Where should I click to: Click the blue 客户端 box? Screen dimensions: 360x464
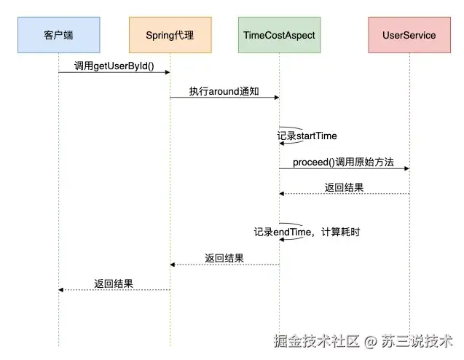click(58, 35)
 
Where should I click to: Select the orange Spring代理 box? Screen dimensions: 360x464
click(170, 35)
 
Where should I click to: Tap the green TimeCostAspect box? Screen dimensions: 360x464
click(278, 35)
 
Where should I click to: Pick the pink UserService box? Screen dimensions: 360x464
click(409, 35)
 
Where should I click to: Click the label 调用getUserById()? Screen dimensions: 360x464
click(114, 66)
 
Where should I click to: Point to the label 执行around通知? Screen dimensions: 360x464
click(224, 91)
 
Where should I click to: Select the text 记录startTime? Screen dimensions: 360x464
click(307, 136)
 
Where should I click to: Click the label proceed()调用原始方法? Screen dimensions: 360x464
click(343, 163)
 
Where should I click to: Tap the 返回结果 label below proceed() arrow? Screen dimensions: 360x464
click(344, 187)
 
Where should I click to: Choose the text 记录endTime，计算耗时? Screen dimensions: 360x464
click(307, 232)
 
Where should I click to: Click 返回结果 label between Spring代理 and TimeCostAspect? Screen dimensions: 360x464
click(224, 258)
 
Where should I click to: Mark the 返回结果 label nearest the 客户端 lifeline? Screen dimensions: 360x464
click(114, 283)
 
